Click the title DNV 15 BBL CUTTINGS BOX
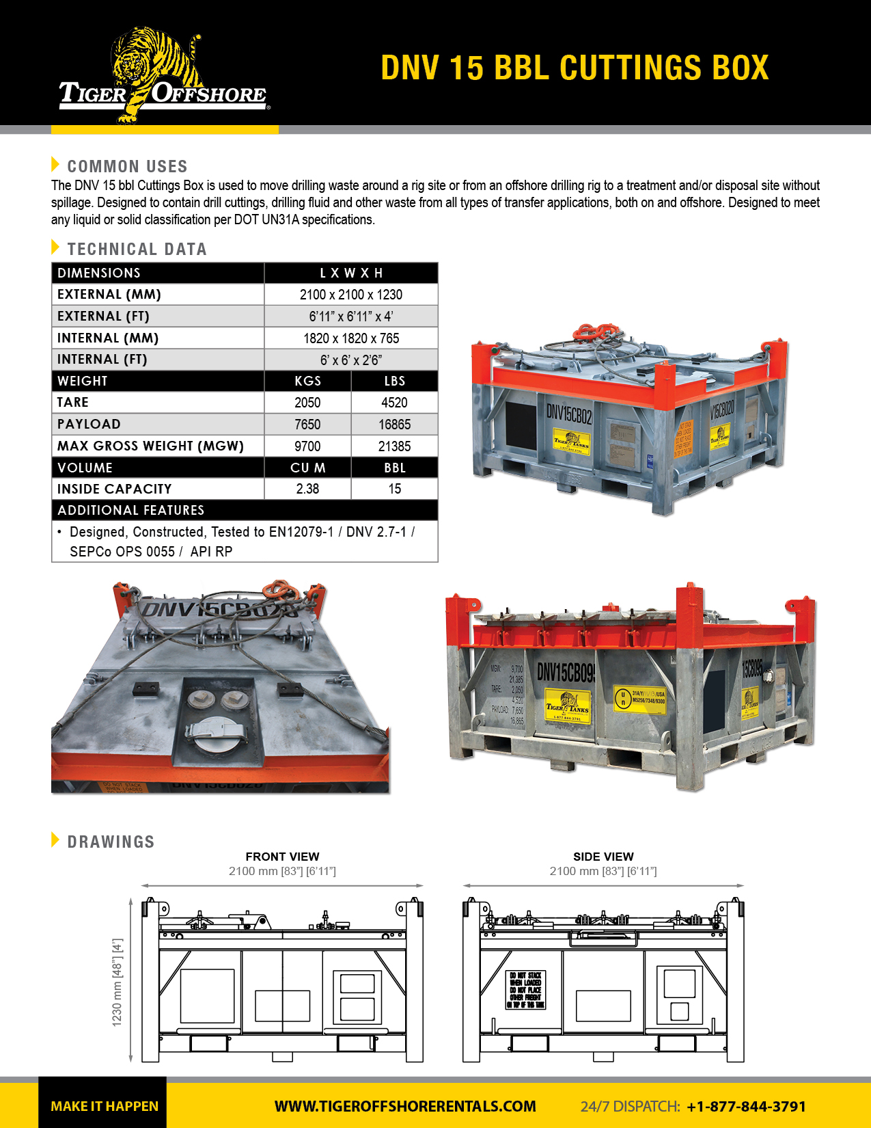(575, 68)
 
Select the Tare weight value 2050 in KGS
(307, 403)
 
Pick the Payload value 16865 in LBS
(394, 425)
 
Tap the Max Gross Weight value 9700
(307, 446)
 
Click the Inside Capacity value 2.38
(307, 489)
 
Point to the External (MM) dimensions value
(350, 295)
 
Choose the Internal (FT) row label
(102, 360)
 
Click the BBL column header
(394, 468)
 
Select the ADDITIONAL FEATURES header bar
(244, 510)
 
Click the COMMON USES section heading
(127, 166)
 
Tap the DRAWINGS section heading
(111, 842)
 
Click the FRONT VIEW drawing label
(282, 857)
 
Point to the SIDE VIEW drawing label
(603, 857)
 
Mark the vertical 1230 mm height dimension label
(117, 982)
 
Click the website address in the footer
(405, 1106)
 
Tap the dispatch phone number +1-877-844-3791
(746, 1106)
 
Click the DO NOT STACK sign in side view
(526, 990)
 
